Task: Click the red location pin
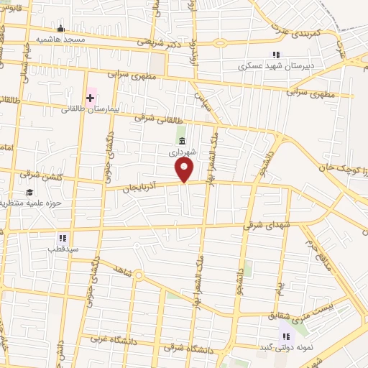185,170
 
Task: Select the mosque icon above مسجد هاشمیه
60,29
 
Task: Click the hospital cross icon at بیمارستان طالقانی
91,97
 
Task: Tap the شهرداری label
183,152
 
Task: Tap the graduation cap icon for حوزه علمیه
29,192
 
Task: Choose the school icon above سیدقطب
63,237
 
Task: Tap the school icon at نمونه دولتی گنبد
285,336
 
